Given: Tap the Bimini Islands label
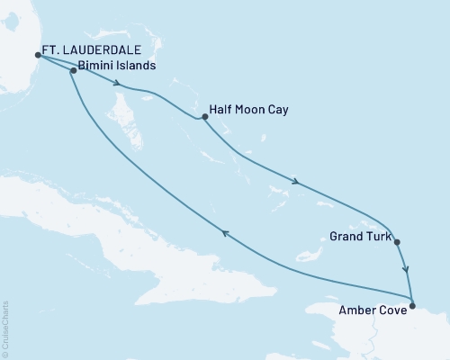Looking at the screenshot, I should pyautogui.click(x=118, y=66).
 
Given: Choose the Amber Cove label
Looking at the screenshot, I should pyautogui.click(x=371, y=308).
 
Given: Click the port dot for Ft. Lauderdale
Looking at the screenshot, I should pyautogui.click(x=38, y=55).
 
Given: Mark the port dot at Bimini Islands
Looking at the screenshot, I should pyautogui.click(x=73, y=69).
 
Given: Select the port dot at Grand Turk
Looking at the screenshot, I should pyautogui.click(x=397, y=242).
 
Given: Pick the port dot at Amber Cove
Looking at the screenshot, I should pyautogui.click(x=412, y=302).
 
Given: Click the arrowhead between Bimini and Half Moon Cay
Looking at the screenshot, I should pyautogui.click(x=118, y=85).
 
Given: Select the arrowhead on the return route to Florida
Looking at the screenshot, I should pyautogui.click(x=225, y=235).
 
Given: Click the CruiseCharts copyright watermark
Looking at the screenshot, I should pyautogui.click(x=5, y=328).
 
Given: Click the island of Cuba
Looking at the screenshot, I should pyautogui.click(x=135, y=243).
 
